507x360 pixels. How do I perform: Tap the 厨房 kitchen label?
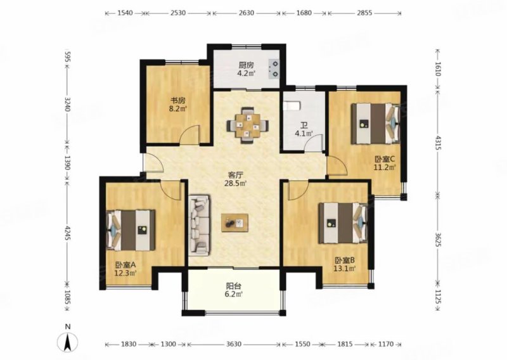point(247,65)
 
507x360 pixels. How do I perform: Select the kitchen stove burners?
point(274,68)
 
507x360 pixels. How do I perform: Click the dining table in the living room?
point(248,125)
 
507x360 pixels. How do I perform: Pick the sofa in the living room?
point(199,224)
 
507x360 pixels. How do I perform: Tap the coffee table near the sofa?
point(234,222)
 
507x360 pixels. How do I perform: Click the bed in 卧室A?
point(131,230)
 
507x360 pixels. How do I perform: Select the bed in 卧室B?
point(343,223)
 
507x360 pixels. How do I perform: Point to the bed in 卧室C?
point(376,123)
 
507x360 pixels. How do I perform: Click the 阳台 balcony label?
point(233,286)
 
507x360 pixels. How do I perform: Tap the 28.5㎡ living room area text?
point(236,184)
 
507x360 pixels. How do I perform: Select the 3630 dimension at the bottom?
point(233,344)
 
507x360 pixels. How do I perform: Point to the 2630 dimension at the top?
point(247,13)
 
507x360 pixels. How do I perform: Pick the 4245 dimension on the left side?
point(68,233)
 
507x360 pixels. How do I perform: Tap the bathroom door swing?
point(313,143)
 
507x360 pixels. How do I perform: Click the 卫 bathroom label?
point(304,125)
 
